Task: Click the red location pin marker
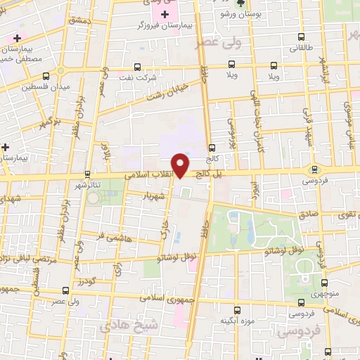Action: coord(181,165)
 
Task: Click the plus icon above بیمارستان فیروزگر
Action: coord(166,14)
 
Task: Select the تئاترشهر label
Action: coord(88,184)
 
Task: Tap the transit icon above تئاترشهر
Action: coord(87,174)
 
